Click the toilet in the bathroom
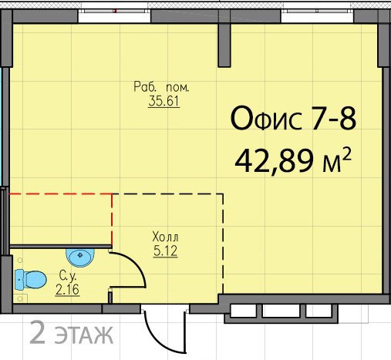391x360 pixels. pos(31,280)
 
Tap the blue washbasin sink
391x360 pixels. pos(80,257)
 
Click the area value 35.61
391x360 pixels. pos(163,101)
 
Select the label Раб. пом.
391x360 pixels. pos(161,87)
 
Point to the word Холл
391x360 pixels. pos(165,237)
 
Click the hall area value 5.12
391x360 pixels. pos(165,251)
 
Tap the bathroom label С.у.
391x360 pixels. pos(68,276)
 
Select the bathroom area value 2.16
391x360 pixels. pos(67,290)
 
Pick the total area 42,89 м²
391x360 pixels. pos(293,161)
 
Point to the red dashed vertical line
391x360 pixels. pos(112,219)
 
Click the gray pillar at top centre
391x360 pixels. pos(224,45)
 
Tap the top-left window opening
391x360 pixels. pos(114,15)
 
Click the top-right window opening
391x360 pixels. pos(317,15)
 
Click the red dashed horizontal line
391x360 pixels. pos(60,194)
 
